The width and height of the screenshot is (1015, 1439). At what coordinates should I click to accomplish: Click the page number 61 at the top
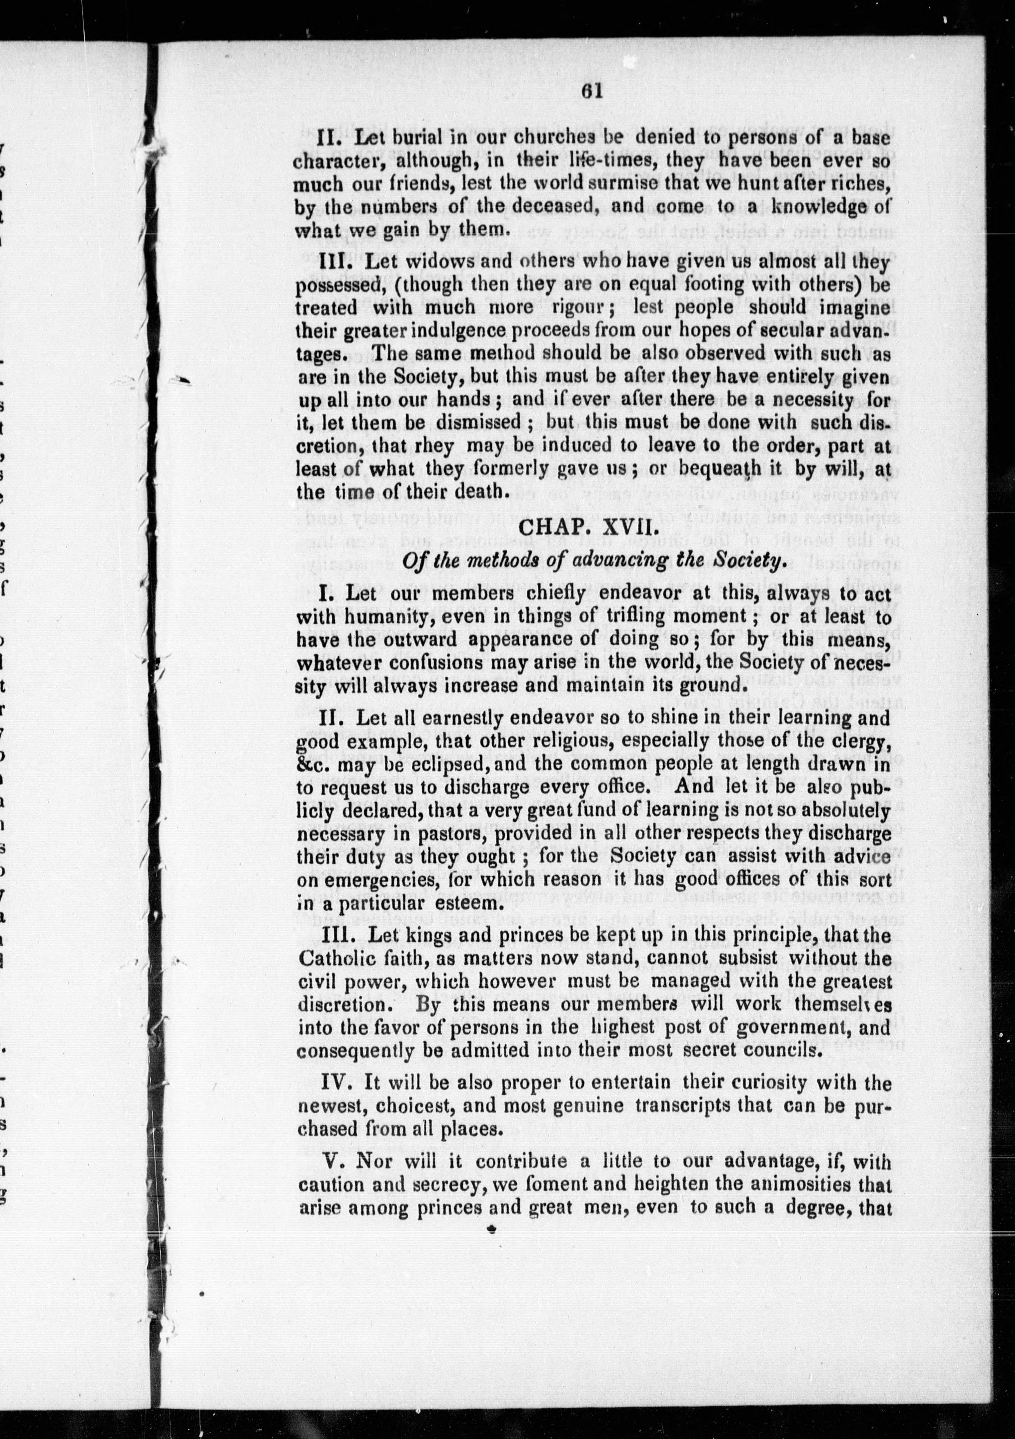(x=591, y=92)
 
